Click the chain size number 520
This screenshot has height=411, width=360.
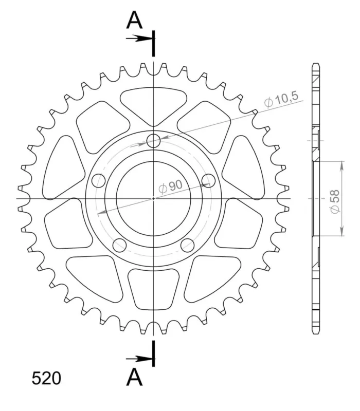(x=46, y=378)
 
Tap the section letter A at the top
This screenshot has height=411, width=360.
(x=134, y=20)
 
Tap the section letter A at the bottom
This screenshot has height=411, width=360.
(x=134, y=377)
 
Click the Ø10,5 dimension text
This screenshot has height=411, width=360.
(x=281, y=99)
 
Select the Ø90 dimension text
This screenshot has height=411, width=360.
(x=171, y=186)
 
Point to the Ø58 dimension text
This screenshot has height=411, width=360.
(x=335, y=201)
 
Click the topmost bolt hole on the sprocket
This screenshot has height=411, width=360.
(x=153, y=141)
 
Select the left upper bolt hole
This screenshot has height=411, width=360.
(x=98, y=181)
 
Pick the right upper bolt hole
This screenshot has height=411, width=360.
(x=208, y=181)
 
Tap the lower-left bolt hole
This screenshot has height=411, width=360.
(x=119, y=245)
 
